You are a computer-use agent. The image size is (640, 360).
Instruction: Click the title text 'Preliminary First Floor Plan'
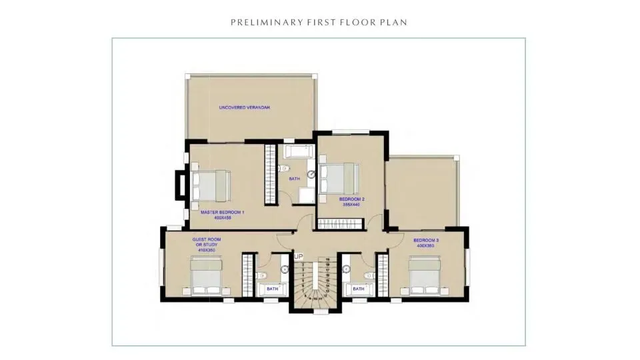tap(319, 22)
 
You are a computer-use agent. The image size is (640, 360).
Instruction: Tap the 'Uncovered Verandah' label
tap(245, 107)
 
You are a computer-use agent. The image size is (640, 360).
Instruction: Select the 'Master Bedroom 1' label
tap(223, 212)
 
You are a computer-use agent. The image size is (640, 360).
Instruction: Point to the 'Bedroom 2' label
tap(351, 199)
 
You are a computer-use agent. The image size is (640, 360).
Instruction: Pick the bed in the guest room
tap(208, 276)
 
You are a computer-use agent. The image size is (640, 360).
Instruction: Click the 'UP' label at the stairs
tap(299, 256)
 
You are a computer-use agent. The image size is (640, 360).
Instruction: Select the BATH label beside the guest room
tap(272, 289)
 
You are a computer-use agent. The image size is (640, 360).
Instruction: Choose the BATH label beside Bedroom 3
tap(359, 289)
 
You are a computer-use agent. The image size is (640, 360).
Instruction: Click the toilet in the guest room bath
tap(261, 275)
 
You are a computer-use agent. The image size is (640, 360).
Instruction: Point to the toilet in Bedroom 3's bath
tap(368, 275)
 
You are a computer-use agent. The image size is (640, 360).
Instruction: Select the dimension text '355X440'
tap(351, 205)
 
